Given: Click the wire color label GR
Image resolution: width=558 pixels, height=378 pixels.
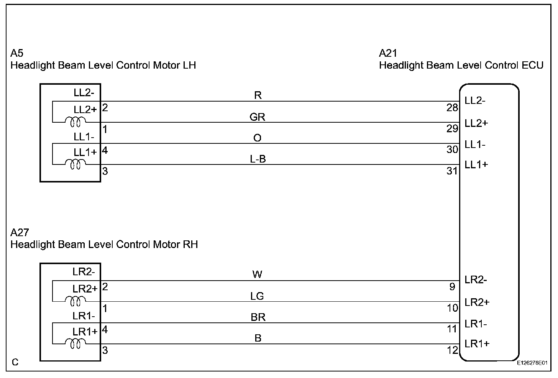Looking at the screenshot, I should click(257, 117).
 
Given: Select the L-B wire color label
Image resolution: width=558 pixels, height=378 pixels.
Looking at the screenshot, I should click(258, 159).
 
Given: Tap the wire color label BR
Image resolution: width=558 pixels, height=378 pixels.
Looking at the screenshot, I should click(258, 317).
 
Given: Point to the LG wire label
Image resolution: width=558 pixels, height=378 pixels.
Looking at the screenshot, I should click(257, 296).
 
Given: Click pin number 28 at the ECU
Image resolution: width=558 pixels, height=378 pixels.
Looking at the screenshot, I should click(452, 108).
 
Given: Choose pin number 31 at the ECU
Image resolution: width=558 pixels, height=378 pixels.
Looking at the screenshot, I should click(452, 171).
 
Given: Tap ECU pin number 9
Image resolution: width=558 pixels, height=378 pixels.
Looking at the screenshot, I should click(452, 287).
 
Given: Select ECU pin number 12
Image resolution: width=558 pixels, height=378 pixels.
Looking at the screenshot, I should click(452, 350).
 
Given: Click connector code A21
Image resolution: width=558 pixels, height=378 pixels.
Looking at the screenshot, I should click(388, 53).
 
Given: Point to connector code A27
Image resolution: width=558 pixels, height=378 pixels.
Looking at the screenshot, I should click(20, 233).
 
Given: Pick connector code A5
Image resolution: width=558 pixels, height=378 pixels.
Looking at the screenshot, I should click(17, 53).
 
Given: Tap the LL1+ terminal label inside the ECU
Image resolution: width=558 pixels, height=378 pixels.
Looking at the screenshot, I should click(476, 165).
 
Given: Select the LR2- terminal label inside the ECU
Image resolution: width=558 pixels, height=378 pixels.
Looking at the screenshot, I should click(476, 280).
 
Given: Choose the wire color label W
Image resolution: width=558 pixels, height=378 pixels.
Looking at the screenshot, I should click(257, 274).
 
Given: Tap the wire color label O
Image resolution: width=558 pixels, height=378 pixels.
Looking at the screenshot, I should click(258, 138).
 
